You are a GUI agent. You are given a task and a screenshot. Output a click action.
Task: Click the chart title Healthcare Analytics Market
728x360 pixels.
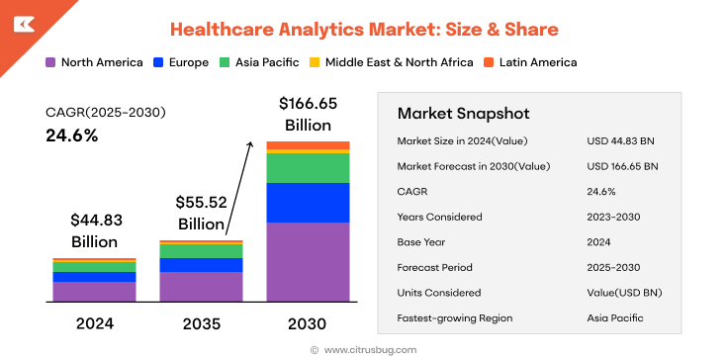point(364,30)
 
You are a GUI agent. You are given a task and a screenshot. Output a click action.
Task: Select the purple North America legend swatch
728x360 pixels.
point(50,62)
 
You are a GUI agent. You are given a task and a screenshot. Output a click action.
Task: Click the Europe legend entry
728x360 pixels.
point(181,62)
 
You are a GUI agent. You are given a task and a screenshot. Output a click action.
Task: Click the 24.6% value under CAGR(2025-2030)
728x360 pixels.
point(72,135)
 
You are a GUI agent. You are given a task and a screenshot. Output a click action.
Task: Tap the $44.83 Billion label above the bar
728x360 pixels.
point(94,230)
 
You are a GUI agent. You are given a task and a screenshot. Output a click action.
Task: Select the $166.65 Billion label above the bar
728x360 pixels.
point(308,114)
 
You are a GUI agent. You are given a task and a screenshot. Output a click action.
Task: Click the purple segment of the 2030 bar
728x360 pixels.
point(308,261)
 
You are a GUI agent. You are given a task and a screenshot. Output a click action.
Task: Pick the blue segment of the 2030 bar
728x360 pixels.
point(308,203)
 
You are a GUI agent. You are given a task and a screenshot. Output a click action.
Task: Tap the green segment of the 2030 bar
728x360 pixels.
point(308,168)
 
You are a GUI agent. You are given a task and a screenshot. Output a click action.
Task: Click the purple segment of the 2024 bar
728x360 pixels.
point(94,291)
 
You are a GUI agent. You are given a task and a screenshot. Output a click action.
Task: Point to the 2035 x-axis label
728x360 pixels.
point(201,323)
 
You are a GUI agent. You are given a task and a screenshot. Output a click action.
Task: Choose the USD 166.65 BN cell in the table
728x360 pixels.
point(622,165)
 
